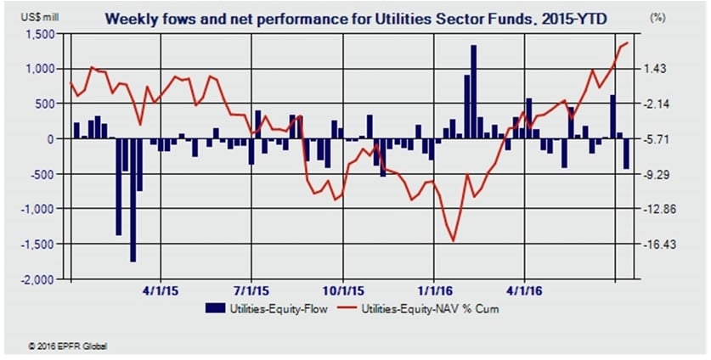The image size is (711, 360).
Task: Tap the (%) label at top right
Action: [657, 17]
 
